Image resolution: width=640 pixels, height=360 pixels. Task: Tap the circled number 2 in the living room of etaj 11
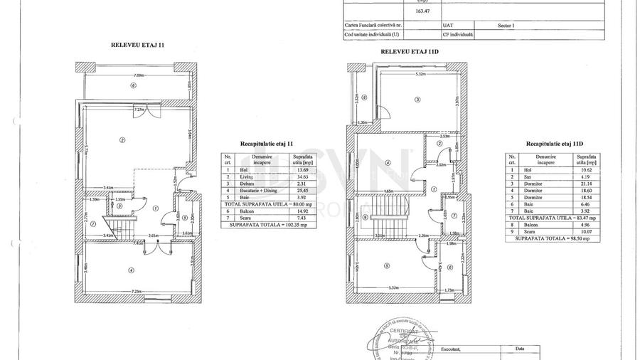(x=122, y=139)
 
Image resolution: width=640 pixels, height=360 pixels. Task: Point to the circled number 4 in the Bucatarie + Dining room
(x=131, y=270)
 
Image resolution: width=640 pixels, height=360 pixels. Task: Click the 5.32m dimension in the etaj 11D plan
(x=421, y=73)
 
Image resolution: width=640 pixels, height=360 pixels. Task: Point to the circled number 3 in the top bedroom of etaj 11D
(x=417, y=100)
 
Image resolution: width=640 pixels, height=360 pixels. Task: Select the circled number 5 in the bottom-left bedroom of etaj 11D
(x=387, y=266)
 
